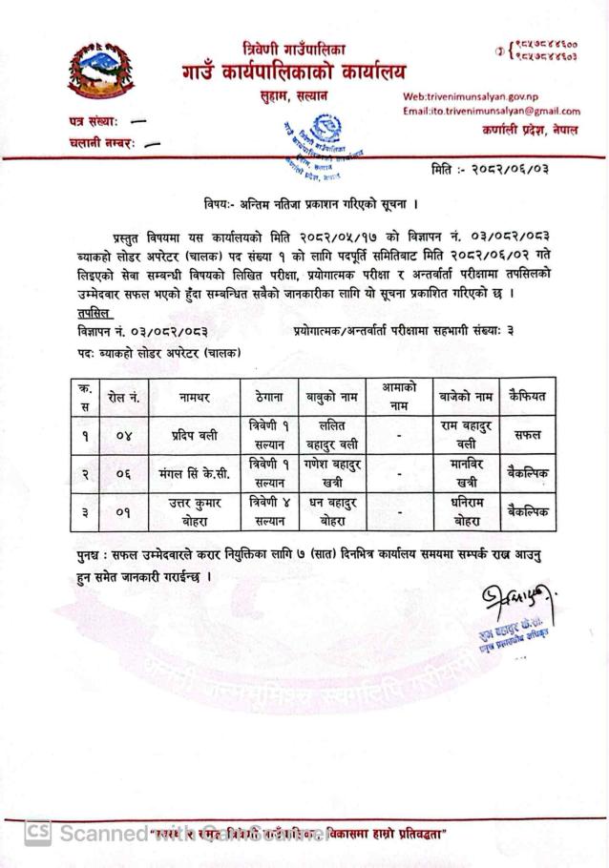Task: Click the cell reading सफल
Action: [526, 435]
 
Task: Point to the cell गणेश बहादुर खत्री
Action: [330, 473]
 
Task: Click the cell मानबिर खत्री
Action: [466, 473]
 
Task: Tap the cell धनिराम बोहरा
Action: [466, 511]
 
